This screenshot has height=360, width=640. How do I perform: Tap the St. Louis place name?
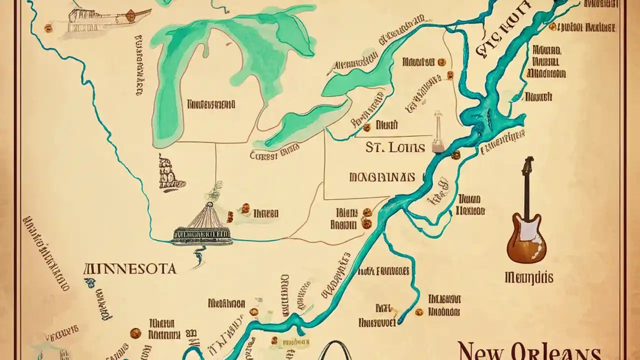click(395, 147)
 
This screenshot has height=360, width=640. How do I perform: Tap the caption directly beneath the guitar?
click(529, 276)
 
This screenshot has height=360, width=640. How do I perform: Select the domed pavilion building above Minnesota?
click(202, 227)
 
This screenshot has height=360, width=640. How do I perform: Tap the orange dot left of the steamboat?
click(48, 28)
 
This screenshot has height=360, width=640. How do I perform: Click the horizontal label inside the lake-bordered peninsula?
click(210, 104)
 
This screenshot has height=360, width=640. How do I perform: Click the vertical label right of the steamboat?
click(138, 65)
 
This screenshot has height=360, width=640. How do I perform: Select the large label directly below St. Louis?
click(381, 177)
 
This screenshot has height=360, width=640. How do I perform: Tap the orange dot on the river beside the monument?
click(455, 155)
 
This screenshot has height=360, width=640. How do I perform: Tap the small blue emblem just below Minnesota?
click(90, 283)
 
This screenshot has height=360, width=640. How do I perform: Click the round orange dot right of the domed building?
click(245, 207)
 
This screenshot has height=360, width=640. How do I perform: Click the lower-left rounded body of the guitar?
click(518, 247)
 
